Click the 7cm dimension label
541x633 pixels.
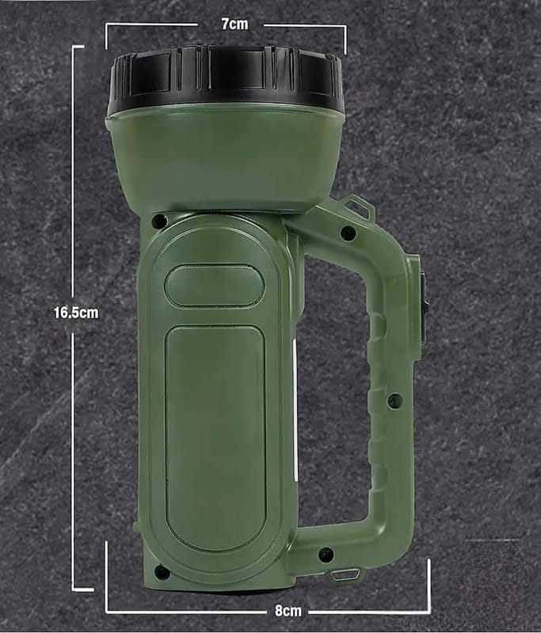tap(234, 25)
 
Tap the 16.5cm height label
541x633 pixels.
tap(76, 313)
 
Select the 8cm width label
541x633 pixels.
tap(288, 611)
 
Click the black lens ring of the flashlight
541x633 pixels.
tap(226, 78)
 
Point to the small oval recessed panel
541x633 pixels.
tap(214, 286)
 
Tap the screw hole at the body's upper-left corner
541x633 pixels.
tap(159, 221)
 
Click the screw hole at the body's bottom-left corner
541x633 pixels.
tap(162, 571)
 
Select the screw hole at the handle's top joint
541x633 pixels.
tap(348, 233)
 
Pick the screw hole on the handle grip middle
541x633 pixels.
tap(394, 401)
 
